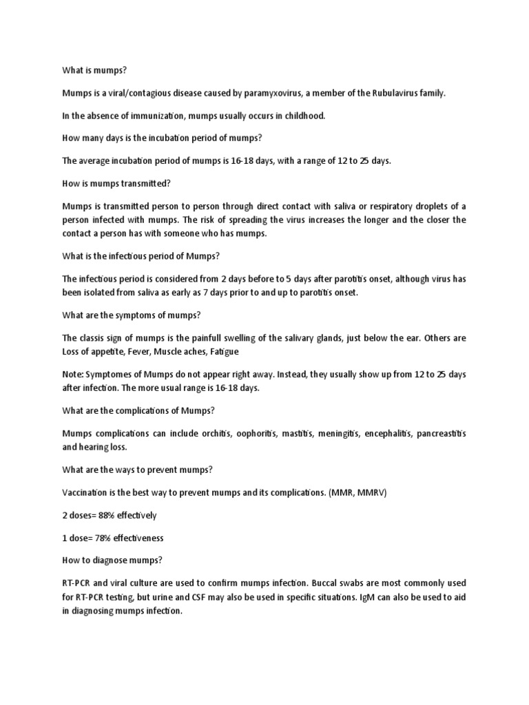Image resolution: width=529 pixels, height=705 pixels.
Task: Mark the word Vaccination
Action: (86, 492)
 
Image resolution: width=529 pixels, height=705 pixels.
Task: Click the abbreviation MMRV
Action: (354, 492)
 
